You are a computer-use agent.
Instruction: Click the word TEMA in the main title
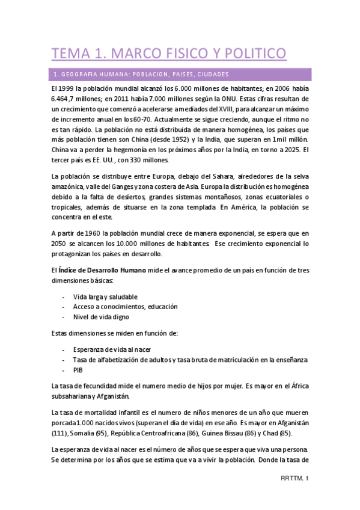point(69,54)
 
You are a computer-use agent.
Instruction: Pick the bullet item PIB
point(78,370)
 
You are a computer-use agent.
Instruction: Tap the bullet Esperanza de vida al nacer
point(111,349)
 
